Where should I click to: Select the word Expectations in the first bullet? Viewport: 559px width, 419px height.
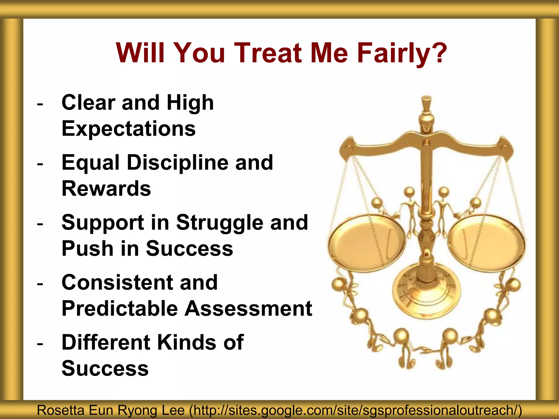click(x=129, y=128)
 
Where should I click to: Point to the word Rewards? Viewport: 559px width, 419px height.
click(x=106, y=188)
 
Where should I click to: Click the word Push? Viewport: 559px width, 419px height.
click(x=87, y=249)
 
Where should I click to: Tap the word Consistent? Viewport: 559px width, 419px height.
click(x=117, y=282)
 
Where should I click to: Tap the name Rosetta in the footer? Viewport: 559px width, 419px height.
click(x=60, y=410)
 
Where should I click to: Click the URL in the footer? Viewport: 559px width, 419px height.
click(x=355, y=410)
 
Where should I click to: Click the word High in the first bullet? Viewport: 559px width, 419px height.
click(x=190, y=103)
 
